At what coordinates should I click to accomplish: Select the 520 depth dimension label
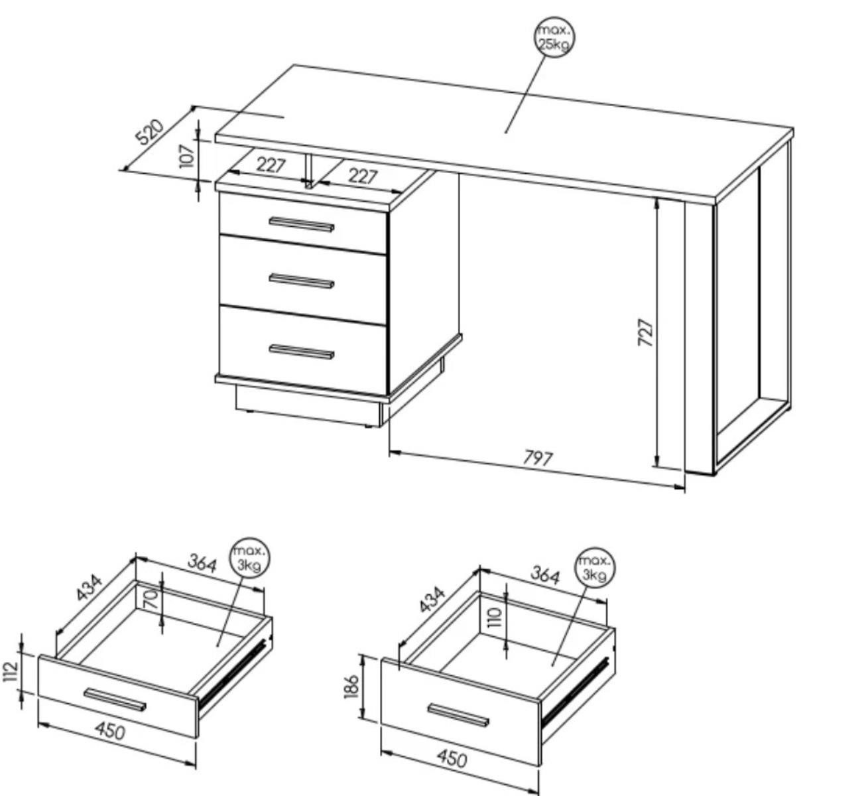[x=150, y=131]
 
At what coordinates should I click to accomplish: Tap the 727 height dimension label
[x=645, y=332]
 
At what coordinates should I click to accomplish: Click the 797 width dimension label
[x=538, y=458]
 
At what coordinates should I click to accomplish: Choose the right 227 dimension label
[x=363, y=176]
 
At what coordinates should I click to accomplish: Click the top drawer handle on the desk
[x=302, y=225]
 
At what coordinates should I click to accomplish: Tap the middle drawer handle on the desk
[x=302, y=281]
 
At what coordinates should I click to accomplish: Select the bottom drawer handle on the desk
[x=302, y=352]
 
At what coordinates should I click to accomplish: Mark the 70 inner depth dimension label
[x=151, y=600]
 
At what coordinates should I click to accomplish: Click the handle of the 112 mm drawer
[x=115, y=699]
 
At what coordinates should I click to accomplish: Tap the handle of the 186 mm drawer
[x=458, y=714]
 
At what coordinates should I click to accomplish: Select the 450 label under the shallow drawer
[x=110, y=731]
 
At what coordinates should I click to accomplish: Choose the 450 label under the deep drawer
[x=452, y=758]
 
